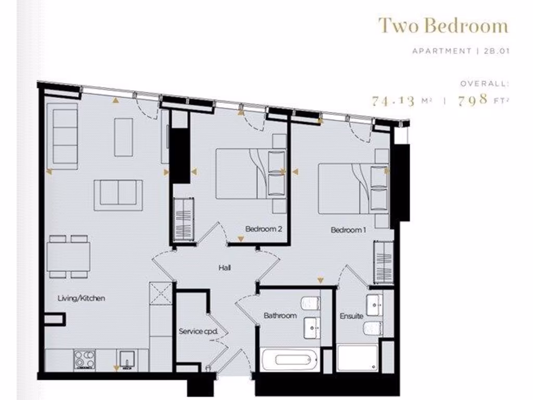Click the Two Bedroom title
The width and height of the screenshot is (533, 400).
coord(442,26)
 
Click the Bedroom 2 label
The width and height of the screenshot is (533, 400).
coord(263,229)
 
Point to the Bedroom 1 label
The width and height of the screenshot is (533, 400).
coord(348,230)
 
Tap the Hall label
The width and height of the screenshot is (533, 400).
coord(224,268)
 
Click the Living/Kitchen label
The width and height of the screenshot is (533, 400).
coord(81,298)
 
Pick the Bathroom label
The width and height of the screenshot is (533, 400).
coord(280,316)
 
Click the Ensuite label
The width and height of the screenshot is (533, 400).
coord(351,316)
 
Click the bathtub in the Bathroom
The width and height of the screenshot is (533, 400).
coord(288,359)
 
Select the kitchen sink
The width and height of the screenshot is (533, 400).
coord(126,359)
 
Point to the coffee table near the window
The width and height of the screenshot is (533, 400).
coord(123,136)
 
